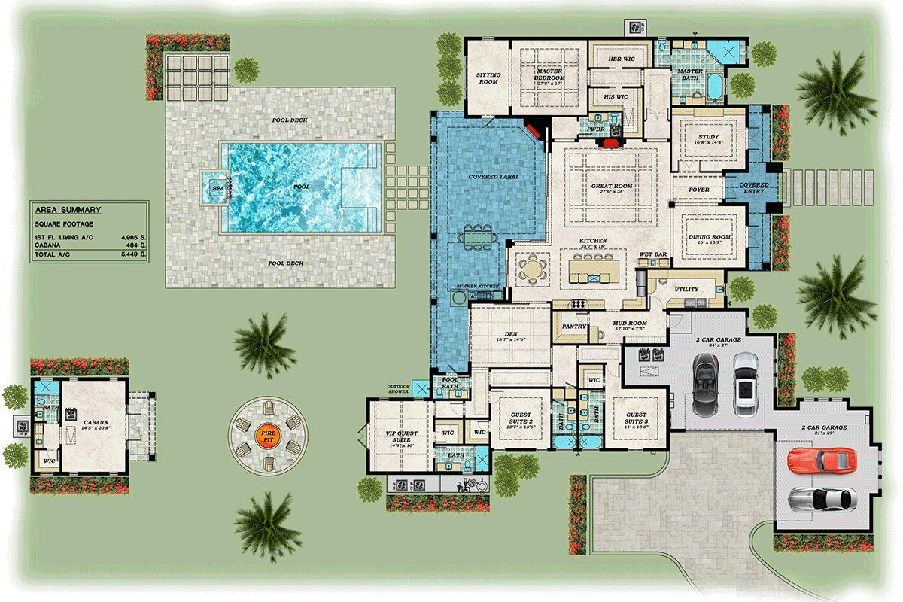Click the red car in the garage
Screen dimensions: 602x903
pyautogui.click(x=822, y=460)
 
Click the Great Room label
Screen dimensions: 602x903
pyautogui.click(x=612, y=186)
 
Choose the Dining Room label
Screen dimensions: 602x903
pyautogui.click(x=710, y=237)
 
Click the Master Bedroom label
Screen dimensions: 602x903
pyautogui.click(x=549, y=74)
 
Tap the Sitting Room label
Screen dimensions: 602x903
pyautogui.click(x=488, y=78)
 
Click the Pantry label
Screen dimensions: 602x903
pyautogui.click(x=574, y=327)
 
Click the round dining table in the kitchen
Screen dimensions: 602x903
pyautogui.click(x=533, y=268)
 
